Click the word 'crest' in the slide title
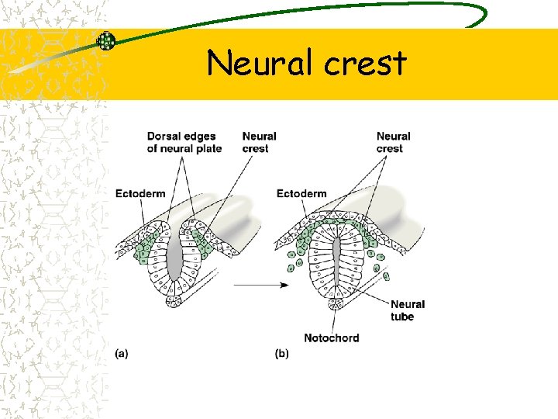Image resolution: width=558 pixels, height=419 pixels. pos(365,64)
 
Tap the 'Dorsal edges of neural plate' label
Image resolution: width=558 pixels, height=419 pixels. pos(184,143)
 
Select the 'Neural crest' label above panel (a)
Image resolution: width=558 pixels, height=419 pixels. pos(259,143)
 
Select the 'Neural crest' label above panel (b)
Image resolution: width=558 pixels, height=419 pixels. pos(393,143)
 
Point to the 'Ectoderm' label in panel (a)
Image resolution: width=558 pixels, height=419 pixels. pos(140,193)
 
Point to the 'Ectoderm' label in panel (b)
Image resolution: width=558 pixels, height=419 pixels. pos(301,193)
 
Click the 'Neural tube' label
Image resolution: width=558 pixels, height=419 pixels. pos(408,310)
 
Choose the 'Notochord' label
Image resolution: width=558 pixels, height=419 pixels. pos(332,338)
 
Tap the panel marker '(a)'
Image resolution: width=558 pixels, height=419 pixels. pos(122,354)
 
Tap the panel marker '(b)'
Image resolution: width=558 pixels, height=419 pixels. pos(281,354)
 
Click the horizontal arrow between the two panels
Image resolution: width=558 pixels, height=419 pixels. pos(261,285)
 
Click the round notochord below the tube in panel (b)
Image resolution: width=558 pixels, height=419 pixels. pos(335,313)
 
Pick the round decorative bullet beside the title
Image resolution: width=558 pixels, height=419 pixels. pos(106,41)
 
